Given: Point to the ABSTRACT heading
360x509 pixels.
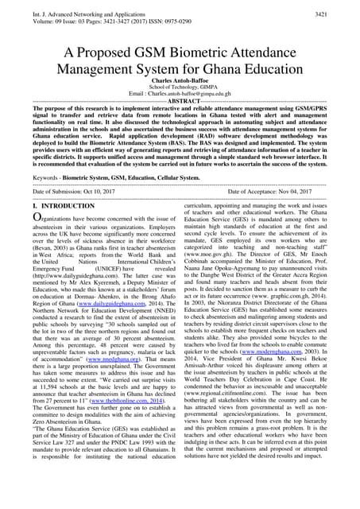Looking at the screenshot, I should [181, 124].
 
